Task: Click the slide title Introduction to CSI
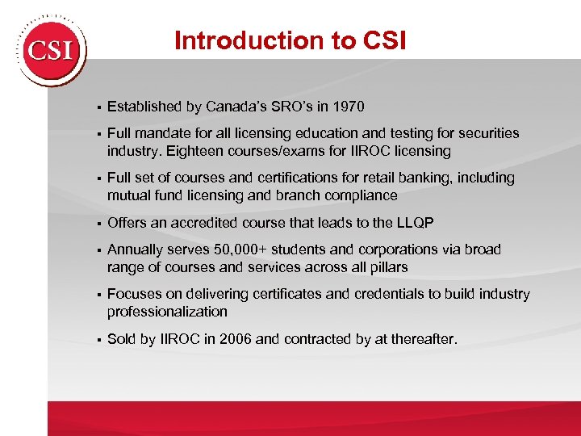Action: (x=291, y=40)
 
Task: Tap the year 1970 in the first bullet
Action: (x=349, y=106)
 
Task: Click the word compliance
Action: (x=360, y=195)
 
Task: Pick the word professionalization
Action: (x=167, y=312)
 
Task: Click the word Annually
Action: (x=136, y=249)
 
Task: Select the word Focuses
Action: (x=135, y=294)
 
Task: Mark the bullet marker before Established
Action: (x=95, y=107)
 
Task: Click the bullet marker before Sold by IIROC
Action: (x=95, y=340)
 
